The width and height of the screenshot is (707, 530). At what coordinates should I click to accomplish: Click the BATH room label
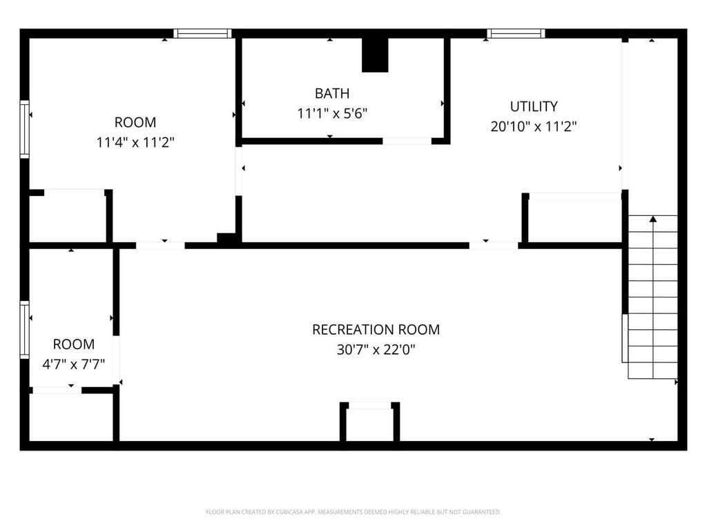pos(332,93)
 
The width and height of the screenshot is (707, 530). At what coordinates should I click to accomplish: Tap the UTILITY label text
pos(534,106)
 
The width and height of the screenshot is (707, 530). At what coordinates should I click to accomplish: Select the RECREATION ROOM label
pos(376,329)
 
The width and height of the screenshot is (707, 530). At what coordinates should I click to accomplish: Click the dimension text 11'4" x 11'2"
pos(135,142)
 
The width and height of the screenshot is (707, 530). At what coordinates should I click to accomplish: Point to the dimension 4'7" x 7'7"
pos(73,364)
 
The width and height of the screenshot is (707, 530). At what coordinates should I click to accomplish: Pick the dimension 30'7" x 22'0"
pos(376,349)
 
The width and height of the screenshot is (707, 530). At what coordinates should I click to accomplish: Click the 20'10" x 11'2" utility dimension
pos(534,126)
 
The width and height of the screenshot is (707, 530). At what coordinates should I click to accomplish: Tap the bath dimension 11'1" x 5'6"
pos(332,113)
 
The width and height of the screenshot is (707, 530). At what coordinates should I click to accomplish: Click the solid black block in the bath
pos(375,55)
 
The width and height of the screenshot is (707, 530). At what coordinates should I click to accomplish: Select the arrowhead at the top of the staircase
pos(653,219)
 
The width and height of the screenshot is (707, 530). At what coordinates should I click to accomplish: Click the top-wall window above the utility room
pos(516,33)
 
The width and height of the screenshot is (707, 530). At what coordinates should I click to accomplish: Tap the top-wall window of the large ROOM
pos(202,33)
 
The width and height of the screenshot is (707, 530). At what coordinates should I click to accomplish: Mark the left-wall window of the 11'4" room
pos(24,129)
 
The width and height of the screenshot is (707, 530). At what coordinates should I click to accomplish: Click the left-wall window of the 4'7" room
pos(24,330)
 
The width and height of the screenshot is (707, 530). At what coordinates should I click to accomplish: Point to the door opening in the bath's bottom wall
pos(407,141)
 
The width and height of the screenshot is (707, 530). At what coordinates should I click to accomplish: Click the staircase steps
pos(652,297)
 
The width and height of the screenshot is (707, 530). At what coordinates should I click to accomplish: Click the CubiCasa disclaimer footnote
pos(353,512)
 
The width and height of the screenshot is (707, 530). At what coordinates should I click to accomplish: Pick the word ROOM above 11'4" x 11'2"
pos(135,122)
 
